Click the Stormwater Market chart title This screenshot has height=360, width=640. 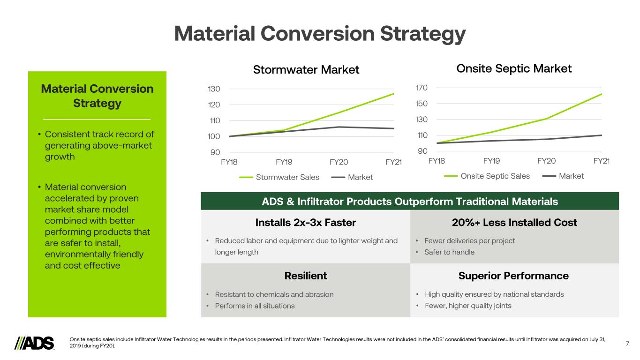coord(306,70)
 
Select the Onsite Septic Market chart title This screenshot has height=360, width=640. coord(514,69)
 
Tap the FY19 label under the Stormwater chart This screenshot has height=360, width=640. coord(284,163)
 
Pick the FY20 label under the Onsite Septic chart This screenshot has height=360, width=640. coord(546,161)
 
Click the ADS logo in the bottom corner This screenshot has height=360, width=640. coord(35,343)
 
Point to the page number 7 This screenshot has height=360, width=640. coord(627,344)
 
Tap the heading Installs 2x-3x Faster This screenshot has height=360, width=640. coord(306,222)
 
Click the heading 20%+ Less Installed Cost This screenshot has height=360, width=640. coord(514,222)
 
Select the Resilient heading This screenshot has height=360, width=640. coord(306,276)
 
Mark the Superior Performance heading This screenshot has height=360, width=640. coord(513,276)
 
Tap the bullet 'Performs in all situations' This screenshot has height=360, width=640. coord(255,306)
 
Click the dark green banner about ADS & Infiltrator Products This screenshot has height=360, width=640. coord(410,202)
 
